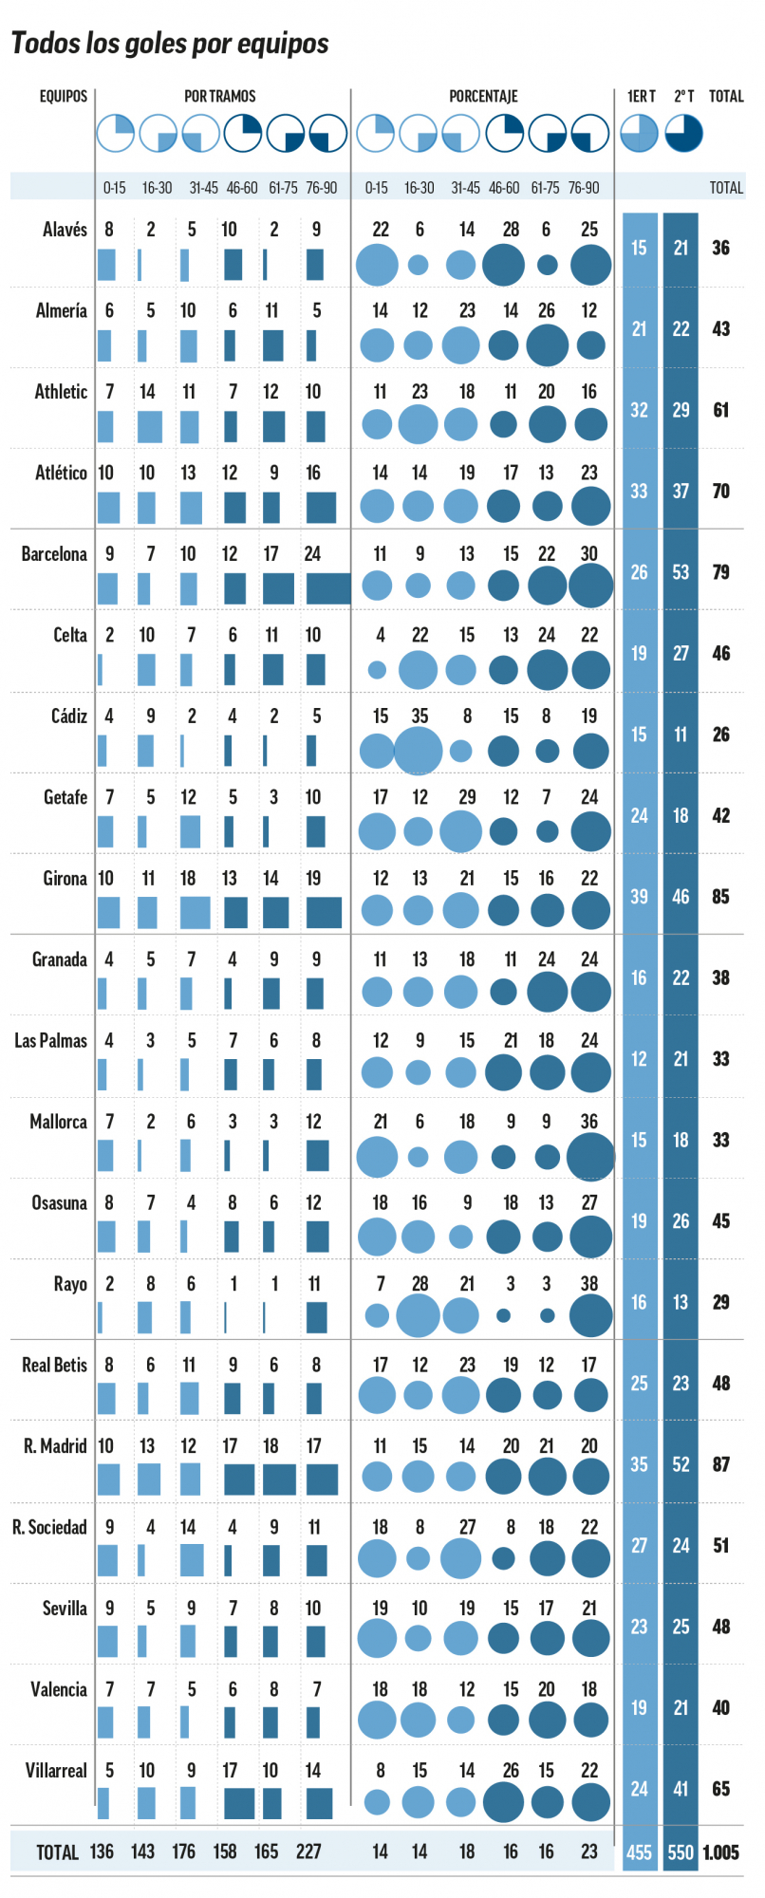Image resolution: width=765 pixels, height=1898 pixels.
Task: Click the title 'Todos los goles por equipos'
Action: click(x=170, y=44)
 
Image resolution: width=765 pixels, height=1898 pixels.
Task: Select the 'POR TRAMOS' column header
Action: click(x=220, y=96)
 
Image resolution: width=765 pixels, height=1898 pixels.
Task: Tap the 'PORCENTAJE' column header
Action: click(x=483, y=96)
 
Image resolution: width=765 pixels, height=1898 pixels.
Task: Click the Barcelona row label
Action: click(x=54, y=554)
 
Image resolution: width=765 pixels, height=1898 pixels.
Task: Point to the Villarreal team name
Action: click(x=56, y=1771)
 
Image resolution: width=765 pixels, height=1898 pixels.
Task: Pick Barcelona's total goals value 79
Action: click(x=721, y=572)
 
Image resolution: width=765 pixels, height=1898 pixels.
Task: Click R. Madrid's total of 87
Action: click(x=721, y=1464)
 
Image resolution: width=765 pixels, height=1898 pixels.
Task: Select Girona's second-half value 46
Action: click(x=681, y=897)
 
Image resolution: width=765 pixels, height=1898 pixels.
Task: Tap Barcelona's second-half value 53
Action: click(x=681, y=572)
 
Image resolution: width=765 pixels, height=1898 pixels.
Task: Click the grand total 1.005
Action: click(x=721, y=1851)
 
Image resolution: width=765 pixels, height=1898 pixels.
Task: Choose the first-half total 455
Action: click(x=640, y=1851)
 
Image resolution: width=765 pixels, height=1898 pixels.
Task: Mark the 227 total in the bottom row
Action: click(x=308, y=1851)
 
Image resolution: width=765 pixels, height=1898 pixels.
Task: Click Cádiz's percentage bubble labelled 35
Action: click(x=419, y=751)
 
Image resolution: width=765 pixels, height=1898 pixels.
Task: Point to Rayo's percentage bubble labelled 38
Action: click(x=590, y=1316)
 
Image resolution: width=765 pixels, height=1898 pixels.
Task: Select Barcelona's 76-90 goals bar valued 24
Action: click(x=328, y=588)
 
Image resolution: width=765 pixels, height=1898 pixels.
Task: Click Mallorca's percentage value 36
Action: click(x=589, y=1122)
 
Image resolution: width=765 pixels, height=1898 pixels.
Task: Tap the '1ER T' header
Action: click(x=641, y=96)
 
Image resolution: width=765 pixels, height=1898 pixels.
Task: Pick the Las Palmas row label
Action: click(x=50, y=1041)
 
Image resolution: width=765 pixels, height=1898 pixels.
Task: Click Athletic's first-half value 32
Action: click(x=640, y=410)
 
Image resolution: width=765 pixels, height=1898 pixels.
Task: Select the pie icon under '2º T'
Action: click(x=683, y=133)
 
